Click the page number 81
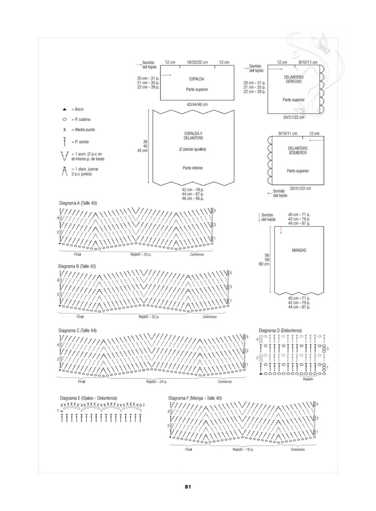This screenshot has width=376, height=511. click(x=188, y=487)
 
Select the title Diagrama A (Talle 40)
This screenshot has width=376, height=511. click(x=78, y=203)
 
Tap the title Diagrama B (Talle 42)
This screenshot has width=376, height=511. click(x=77, y=266)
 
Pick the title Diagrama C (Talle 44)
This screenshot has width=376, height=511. click(x=78, y=330)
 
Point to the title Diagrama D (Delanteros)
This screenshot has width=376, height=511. click(x=280, y=330)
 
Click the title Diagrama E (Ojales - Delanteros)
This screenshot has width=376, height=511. click(x=88, y=398)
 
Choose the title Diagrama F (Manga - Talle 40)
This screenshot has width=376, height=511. click(x=195, y=398)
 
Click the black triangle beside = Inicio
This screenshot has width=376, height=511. click(x=65, y=110)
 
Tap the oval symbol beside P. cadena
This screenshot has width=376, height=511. click(x=65, y=119)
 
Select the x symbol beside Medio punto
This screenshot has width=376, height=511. click(x=65, y=130)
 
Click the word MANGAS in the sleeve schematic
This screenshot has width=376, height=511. click(x=299, y=250)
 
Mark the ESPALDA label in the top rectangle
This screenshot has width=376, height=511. click(x=196, y=79)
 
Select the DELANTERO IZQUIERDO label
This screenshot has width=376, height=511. click(x=298, y=151)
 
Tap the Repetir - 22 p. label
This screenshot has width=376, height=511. click(x=149, y=317)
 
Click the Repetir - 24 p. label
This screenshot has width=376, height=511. click(x=157, y=381)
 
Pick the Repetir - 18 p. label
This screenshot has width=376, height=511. click(x=243, y=449)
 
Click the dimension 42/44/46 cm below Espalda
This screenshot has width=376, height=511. click(x=197, y=105)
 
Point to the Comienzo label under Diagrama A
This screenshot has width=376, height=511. click(x=197, y=254)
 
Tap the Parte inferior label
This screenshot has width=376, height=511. click(x=193, y=168)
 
